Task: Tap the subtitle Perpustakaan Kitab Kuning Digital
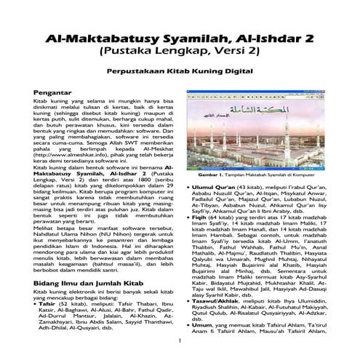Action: [x=180, y=72]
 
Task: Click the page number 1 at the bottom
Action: [x=180, y=340]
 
